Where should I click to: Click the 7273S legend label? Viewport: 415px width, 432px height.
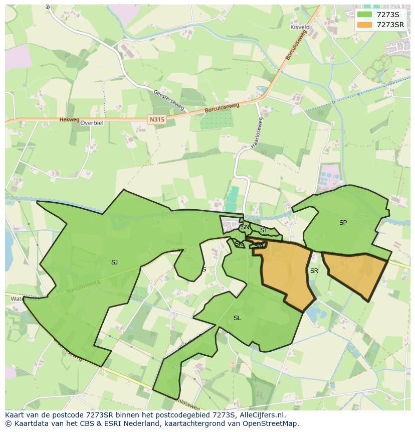[388, 14]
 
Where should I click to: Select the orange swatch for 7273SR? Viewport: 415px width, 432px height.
[365, 25]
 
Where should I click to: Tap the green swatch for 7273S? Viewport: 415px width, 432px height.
[365, 14]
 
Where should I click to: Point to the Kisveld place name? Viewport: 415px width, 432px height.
[300, 27]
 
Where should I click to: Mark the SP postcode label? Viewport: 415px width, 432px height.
[343, 223]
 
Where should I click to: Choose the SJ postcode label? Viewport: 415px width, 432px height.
[114, 262]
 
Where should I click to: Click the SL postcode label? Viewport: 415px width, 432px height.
[237, 318]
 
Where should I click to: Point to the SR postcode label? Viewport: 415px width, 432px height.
[314, 271]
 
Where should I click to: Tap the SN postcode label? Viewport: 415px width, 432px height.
[245, 227]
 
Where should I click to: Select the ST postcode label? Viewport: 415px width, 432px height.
[263, 230]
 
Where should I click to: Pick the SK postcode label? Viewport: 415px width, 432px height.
[239, 244]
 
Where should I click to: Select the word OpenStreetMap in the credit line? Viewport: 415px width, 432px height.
[274, 423]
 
